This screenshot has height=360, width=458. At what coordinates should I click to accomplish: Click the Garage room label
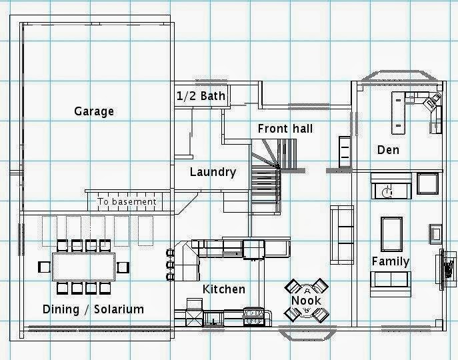(94, 111)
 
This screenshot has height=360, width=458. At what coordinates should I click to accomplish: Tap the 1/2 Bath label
(201, 96)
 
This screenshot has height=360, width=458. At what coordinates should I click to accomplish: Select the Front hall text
(285, 129)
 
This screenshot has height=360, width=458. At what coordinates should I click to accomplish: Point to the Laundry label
(213, 172)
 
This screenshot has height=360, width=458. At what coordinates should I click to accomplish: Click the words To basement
(127, 201)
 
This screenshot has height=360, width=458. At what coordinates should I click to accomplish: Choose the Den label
(388, 150)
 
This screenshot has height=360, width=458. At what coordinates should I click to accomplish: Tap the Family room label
(390, 261)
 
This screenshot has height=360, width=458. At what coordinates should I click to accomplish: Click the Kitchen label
(224, 289)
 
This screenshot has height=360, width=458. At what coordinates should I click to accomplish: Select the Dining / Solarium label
(93, 309)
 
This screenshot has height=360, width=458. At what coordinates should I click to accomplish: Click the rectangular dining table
(83, 267)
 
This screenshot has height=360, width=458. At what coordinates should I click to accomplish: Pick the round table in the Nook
(307, 300)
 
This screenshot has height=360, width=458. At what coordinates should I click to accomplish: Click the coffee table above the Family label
(391, 234)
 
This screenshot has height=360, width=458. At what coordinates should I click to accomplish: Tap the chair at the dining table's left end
(44, 267)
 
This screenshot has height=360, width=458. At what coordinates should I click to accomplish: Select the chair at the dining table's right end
(123, 267)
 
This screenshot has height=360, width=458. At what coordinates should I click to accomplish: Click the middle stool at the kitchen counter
(170, 265)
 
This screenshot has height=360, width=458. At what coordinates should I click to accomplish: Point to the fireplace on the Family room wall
(446, 269)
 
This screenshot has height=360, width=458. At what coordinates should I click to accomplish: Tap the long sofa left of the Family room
(342, 235)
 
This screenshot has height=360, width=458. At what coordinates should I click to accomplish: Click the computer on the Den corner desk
(433, 101)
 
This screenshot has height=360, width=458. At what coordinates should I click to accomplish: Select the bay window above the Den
(399, 77)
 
